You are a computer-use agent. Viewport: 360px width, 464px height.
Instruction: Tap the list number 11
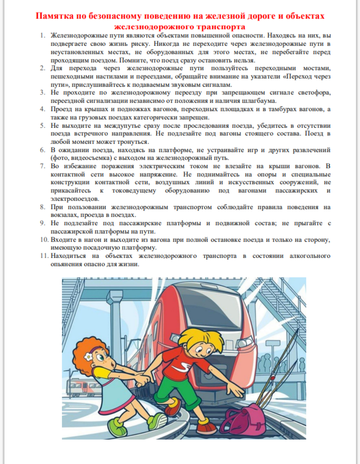pyautogui.click(x=43, y=256)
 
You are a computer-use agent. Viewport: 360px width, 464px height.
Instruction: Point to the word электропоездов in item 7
pyautogui.click(x=75, y=198)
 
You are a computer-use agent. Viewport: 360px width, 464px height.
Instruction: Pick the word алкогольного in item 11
pyautogui.click(x=302, y=256)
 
